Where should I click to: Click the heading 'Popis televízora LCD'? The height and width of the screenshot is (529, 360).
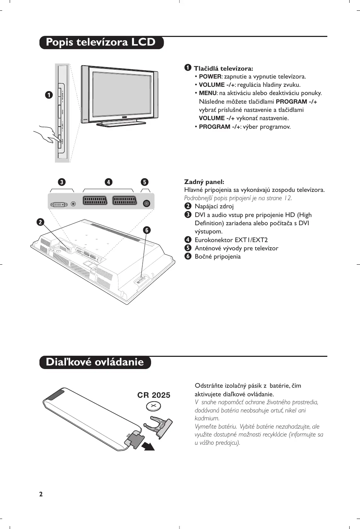tap(101, 42)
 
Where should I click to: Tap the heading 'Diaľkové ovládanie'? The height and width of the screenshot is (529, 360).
tap(95, 362)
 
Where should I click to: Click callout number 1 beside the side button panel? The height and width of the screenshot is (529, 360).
tap(48, 95)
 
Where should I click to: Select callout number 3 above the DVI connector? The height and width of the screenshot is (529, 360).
tap(62, 182)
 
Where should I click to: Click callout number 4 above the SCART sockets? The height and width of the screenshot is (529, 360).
tap(108, 182)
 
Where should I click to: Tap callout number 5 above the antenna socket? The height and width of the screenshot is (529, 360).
tap(144, 182)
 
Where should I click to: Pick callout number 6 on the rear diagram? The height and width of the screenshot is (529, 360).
tap(146, 230)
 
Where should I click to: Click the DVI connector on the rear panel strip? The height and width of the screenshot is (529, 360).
tap(59, 204)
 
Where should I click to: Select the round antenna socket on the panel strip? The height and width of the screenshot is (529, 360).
tap(146, 203)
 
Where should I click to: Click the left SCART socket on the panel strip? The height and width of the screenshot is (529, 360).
tap(95, 200)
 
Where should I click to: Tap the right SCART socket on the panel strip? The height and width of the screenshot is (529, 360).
tap(125, 200)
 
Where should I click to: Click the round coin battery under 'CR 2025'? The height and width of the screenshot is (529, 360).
tap(154, 406)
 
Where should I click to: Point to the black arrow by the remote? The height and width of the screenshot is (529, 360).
tap(148, 446)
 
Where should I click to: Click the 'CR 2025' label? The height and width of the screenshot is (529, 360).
tap(154, 395)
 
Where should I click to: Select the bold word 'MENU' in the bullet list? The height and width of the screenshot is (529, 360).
tap(208, 93)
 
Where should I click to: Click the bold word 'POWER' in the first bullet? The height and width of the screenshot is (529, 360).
tap(210, 77)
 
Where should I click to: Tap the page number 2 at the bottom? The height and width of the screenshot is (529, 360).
tap(41, 494)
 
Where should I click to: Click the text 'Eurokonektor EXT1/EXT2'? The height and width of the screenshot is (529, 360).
tap(231, 240)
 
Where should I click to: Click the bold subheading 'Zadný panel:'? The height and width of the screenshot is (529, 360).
tap(204, 182)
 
